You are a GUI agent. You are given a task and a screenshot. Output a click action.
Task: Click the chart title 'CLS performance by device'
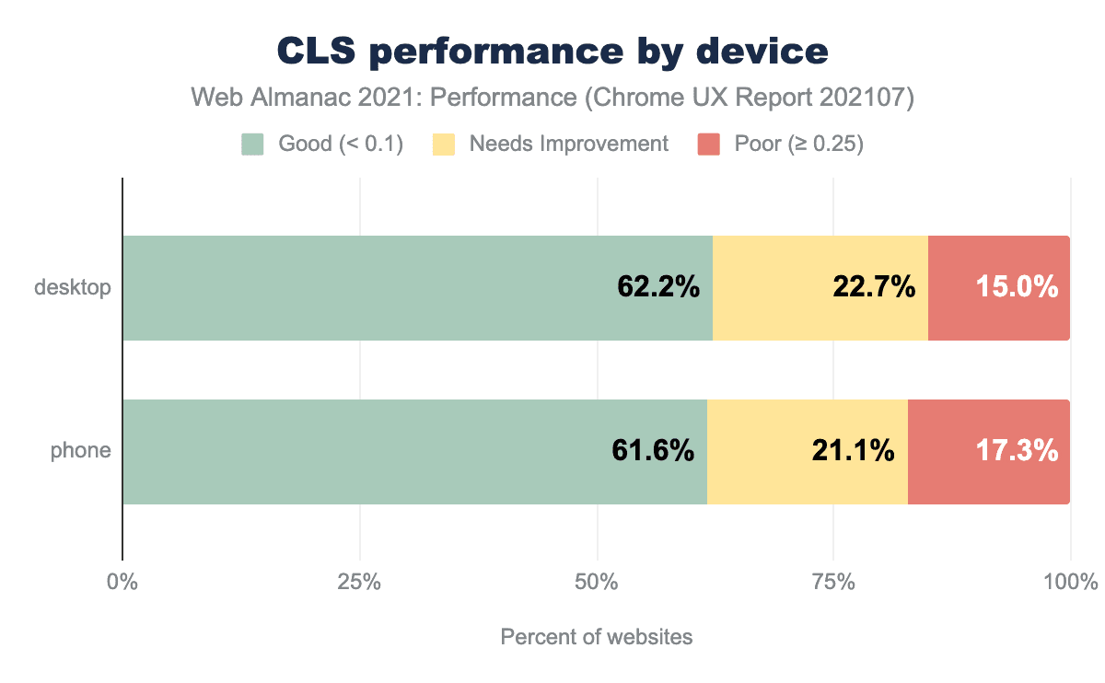pyautogui.click(x=552, y=52)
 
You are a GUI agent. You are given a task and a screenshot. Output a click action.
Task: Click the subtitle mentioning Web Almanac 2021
pyautogui.click(x=552, y=98)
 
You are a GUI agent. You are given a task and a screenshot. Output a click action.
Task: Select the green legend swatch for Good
pyautogui.click(x=252, y=145)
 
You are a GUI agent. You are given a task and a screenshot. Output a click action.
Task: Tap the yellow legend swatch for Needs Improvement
pyautogui.click(x=444, y=145)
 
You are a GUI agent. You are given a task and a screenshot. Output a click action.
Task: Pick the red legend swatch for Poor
pyautogui.click(x=708, y=145)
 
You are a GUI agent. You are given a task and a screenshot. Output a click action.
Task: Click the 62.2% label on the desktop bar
pyautogui.click(x=658, y=288)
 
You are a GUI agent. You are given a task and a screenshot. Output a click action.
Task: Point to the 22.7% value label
pyautogui.click(x=874, y=288)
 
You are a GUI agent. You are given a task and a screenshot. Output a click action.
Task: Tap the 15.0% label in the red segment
pyautogui.click(x=1017, y=288)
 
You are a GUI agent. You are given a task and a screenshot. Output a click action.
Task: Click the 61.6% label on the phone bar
pyautogui.click(x=653, y=451)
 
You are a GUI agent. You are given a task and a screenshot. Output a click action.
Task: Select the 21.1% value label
pyautogui.click(x=853, y=451)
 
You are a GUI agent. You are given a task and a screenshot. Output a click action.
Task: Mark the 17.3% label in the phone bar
pyautogui.click(x=1017, y=451)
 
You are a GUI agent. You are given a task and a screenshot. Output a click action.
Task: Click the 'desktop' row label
pyautogui.click(x=73, y=288)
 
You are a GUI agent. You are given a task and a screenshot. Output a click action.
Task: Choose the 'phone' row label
pyautogui.click(x=81, y=451)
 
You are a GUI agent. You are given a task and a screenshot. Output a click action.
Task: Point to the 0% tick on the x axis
pyautogui.click(x=122, y=583)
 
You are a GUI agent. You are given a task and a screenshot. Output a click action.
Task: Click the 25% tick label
pyautogui.click(x=359, y=583)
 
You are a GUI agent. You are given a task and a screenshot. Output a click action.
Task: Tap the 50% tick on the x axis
pyautogui.click(x=597, y=583)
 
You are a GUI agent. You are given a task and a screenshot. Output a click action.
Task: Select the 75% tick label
pyautogui.click(x=833, y=583)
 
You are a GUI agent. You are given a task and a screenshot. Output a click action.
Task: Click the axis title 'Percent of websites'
pyautogui.click(x=596, y=637)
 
